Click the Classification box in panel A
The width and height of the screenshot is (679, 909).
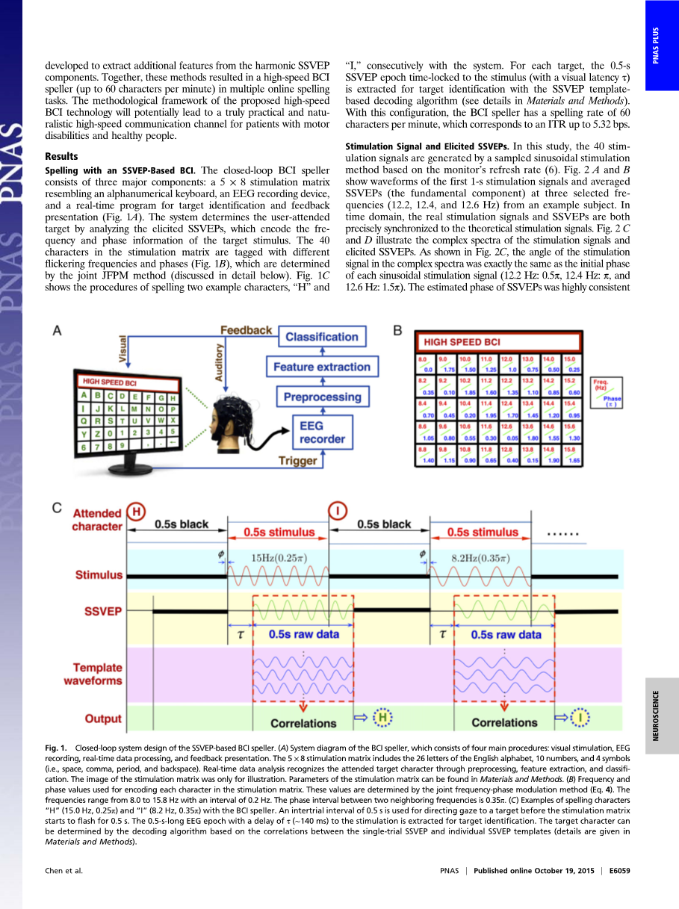pyautogui.click(x=322, y=338)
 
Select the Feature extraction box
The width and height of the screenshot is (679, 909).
pyautogui.click(x=322, y=367)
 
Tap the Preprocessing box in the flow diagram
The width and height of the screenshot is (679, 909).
pyautogui.click(x=322, y=397)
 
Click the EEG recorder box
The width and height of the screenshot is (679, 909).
pyautogui.click(x=322, y=432)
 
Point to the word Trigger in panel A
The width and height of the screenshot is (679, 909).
pyautogui.click(x=297, y=462)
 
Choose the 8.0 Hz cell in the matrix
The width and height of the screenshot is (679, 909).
pyautogui.click(x=425, y=364)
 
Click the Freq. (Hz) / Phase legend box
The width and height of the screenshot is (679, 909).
pyautogui.click(x=606, y=393)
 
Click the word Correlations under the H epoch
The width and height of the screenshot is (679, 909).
pyautogui.click(x=303, y=723)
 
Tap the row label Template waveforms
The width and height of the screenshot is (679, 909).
pyautogui.click(x=97, y=674)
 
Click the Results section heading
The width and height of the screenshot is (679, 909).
pyautogui.click(x=61, y=157)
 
